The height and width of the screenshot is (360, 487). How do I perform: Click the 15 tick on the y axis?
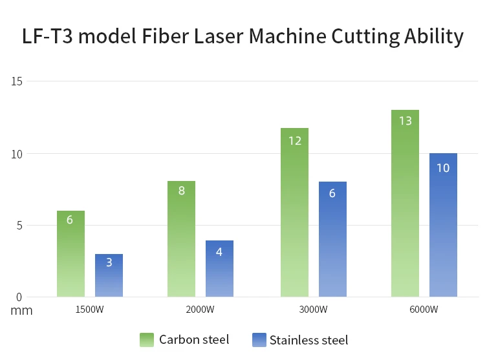click(17, 81)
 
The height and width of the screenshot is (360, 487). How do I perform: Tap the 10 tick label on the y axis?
click(17, 154)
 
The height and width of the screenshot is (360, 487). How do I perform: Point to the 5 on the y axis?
click(19, 226)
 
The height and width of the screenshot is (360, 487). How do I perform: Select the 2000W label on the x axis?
click(200, 310)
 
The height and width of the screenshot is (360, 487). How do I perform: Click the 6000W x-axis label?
click(424, 310)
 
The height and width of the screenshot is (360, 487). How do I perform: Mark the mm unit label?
click(21, 310)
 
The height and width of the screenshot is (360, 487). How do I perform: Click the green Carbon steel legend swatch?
click(146, 340)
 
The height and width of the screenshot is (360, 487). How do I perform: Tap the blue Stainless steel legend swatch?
click(258, 340)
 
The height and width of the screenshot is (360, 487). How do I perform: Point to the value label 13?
click(406, 121)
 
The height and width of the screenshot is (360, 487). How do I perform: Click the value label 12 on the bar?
click(294, 140)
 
